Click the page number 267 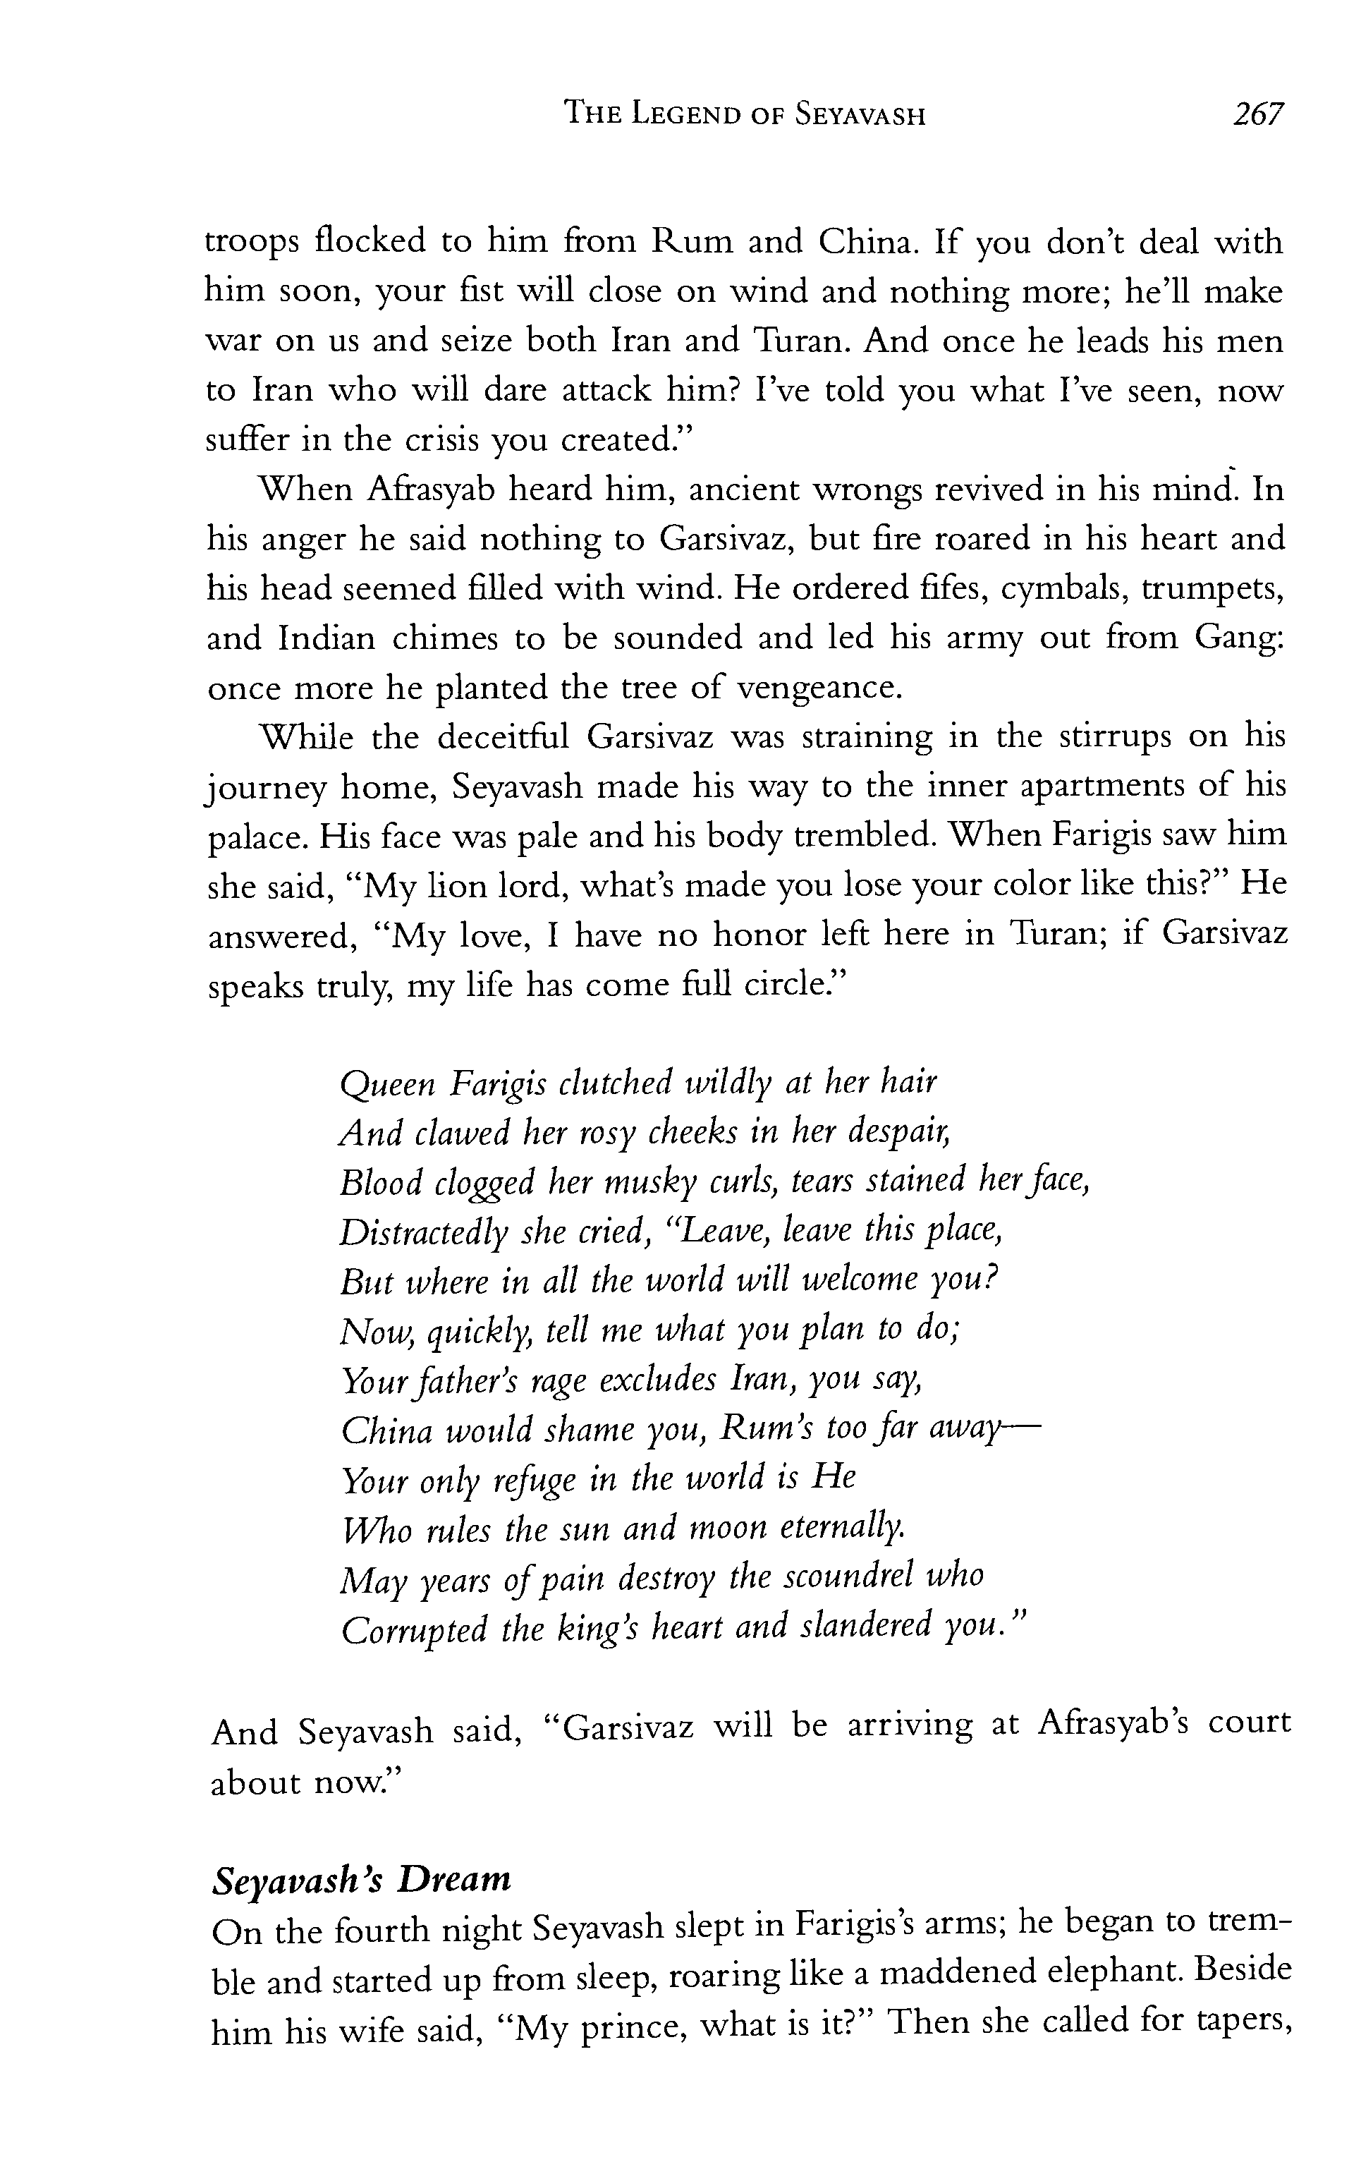click(x=1257, y=114)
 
